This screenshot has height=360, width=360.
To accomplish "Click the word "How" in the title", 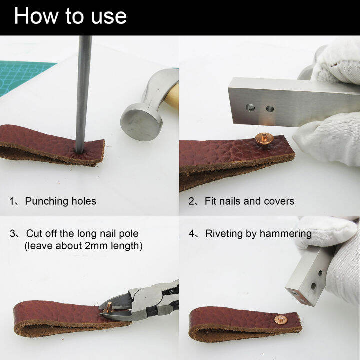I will click(x=39, y=16).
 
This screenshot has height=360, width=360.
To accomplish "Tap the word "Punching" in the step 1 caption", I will click(x=47, y=201).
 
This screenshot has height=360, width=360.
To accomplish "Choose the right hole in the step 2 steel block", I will click(x=270, y=108).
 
